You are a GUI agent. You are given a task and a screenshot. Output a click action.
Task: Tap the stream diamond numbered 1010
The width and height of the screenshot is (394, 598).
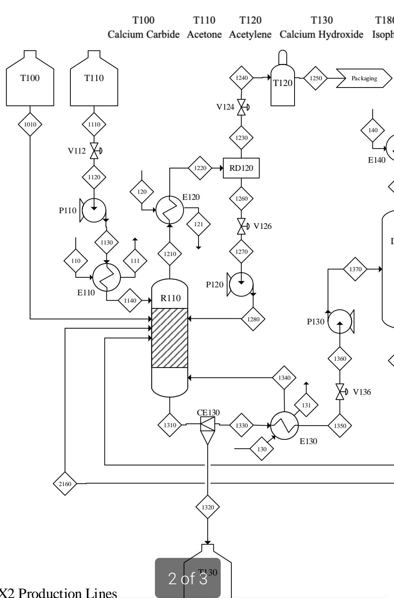30,124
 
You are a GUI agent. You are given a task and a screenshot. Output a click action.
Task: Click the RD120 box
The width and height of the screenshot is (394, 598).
241,168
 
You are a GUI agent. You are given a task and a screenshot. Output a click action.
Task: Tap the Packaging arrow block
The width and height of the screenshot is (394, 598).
365,78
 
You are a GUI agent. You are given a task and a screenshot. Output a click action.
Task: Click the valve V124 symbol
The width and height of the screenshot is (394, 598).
241,107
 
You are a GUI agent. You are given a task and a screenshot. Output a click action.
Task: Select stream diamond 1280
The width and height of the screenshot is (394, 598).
253,318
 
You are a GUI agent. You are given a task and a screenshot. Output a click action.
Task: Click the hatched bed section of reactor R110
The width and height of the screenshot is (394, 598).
170,338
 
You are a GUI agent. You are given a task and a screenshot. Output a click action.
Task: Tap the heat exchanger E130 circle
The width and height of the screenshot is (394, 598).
285,425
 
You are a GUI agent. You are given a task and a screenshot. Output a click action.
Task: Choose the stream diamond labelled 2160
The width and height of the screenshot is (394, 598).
65,484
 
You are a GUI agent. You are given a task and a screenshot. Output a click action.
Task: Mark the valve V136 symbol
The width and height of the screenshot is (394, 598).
340,392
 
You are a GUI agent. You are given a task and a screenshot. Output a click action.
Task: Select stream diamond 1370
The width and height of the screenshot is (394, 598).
355,269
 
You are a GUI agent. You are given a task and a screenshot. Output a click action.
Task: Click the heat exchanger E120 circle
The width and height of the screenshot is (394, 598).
169,210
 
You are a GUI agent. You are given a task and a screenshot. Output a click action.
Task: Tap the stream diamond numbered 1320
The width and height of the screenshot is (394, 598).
208,507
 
